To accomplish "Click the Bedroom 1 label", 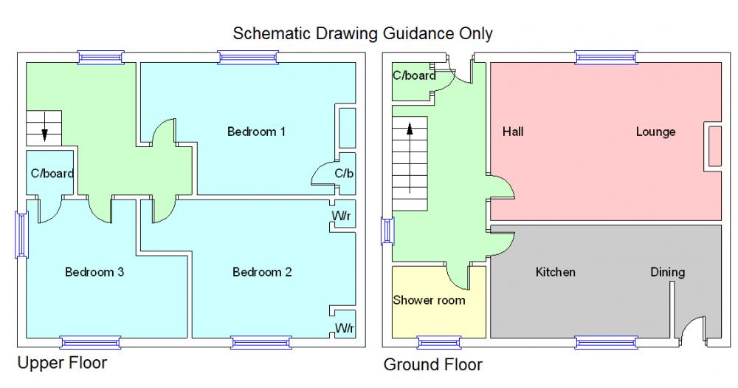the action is tap(256, 132).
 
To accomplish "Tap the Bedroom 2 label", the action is tap(262, 272).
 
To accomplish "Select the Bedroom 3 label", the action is tap(94, 272).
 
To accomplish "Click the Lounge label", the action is tap(655, 132).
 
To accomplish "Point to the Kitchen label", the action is tap(555, 272).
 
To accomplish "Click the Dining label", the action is tap(667, 272).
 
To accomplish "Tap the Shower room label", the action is tap(429, 300).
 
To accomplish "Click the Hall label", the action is tap(513, 132).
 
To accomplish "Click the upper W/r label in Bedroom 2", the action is tap(342, 216).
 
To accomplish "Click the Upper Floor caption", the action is tap(62, 363).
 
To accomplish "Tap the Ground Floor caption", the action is tap(432, 365).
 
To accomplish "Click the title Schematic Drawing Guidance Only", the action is tap(362, 33).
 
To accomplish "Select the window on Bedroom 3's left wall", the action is tap(21, 235).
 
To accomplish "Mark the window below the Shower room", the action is tap(439, 341).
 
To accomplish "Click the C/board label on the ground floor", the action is tap(413, 75).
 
